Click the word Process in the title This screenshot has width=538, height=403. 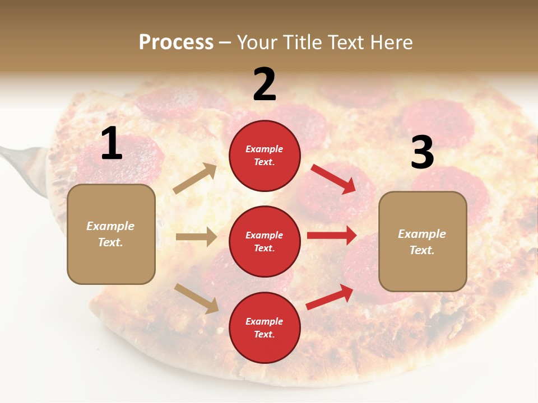(x=176, y=43)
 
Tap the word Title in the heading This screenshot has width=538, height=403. (x=303, y=43)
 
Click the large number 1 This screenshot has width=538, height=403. (x=112, y=144)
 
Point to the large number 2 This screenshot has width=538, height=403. (x=265, y=85)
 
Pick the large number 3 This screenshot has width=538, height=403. (x=422, y=153)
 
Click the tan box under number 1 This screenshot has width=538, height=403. (x=111, y=234)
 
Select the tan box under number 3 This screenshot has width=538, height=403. (x=423, y=241)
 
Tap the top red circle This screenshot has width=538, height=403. (x=265, y=156)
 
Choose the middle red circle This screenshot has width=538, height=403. (x=265, y=241)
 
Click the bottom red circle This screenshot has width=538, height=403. (x=265, y=327)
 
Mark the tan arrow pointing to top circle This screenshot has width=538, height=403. (x=195, y=179)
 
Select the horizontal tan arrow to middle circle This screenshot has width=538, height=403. (x=196, y=237)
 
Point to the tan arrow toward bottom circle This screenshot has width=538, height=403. (x=196, y=298)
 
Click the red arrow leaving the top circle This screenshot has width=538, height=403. (x=333, y=179)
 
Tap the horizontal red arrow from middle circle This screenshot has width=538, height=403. (x=332, y=236)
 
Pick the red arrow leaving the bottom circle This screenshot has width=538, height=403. (x=330, y=297)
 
